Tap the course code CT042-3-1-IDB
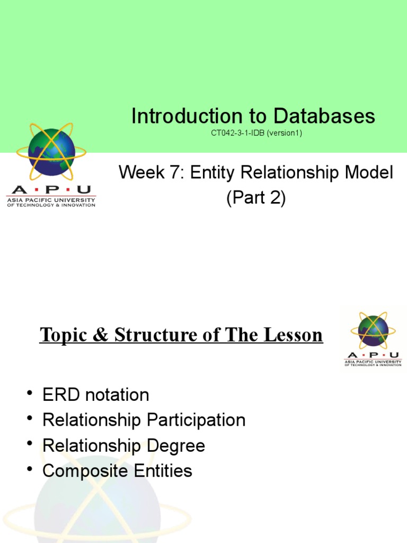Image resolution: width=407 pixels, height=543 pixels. [x=238, y=133]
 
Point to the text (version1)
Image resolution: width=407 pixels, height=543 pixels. [x=284, y=133]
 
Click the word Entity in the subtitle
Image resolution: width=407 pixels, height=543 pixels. [x=208, y=172]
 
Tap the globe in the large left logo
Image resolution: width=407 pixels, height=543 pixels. [x=51, y=152]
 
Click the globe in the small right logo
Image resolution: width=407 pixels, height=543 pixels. [x=373, y=329]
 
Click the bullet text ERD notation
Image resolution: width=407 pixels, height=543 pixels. [x=95, y=395]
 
